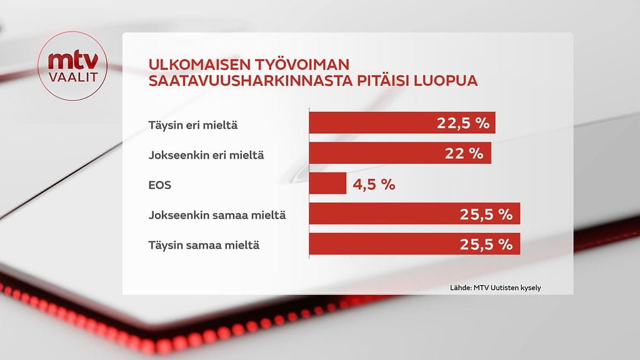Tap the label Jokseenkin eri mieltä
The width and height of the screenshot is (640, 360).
[206, 154]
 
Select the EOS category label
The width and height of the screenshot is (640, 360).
[159, 185]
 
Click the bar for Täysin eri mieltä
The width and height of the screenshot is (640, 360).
[375, 123]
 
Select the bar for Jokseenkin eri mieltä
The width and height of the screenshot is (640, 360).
[375, 153]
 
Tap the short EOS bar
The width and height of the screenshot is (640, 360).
[327, 184]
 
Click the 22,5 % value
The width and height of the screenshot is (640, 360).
[462, 123]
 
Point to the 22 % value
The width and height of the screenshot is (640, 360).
[467, 153]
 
